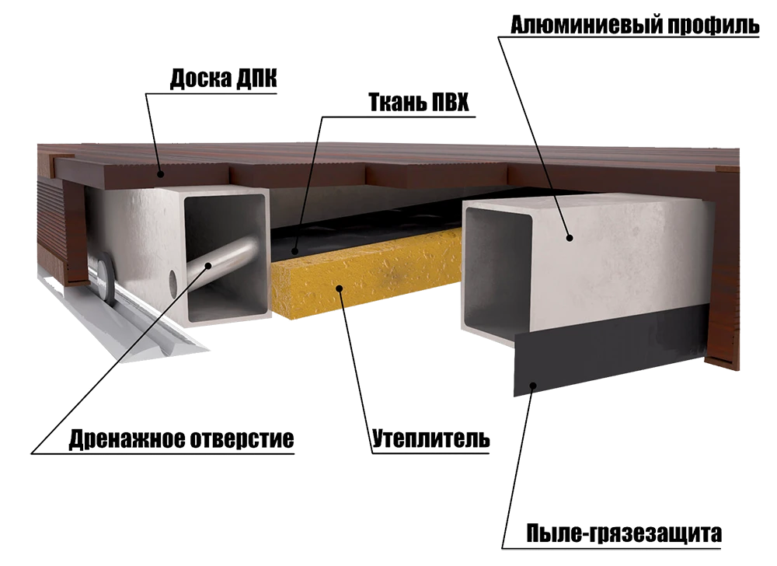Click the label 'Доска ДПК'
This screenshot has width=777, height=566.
[224, 79]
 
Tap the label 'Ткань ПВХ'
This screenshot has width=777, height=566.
[419, 103]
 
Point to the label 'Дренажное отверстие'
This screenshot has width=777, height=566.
[181, 439]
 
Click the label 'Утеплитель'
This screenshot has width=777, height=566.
[431, 439]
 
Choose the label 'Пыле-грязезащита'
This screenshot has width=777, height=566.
[624, 534]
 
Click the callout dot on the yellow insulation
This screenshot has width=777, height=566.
[340, 288]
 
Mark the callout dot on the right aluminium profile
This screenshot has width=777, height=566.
[570, 238]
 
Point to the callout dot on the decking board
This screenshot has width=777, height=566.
[160, 174]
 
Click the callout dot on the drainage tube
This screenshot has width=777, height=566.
[208, 265]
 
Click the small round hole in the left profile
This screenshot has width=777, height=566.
[173, 283]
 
